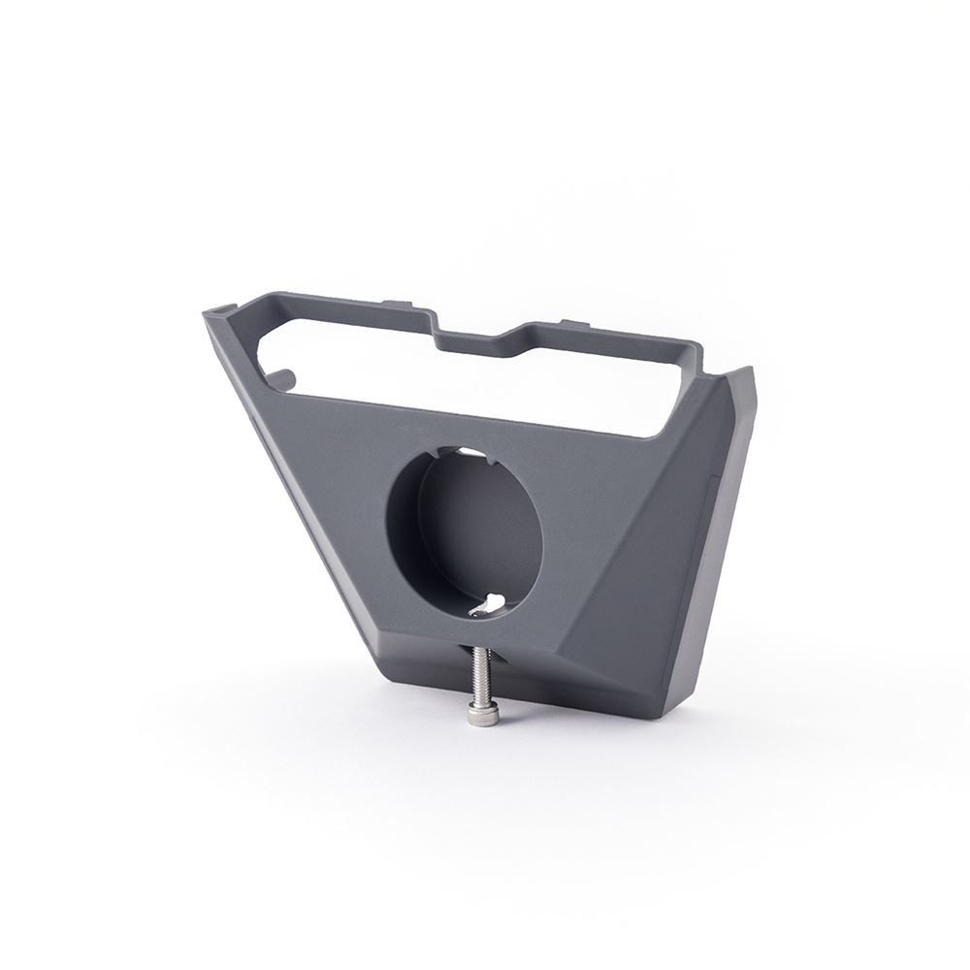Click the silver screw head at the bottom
[x=477, y=715]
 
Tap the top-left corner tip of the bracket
[x=208, y=313]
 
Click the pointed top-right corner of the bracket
[x=747, y=371]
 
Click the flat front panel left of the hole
[x=339, y=485]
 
